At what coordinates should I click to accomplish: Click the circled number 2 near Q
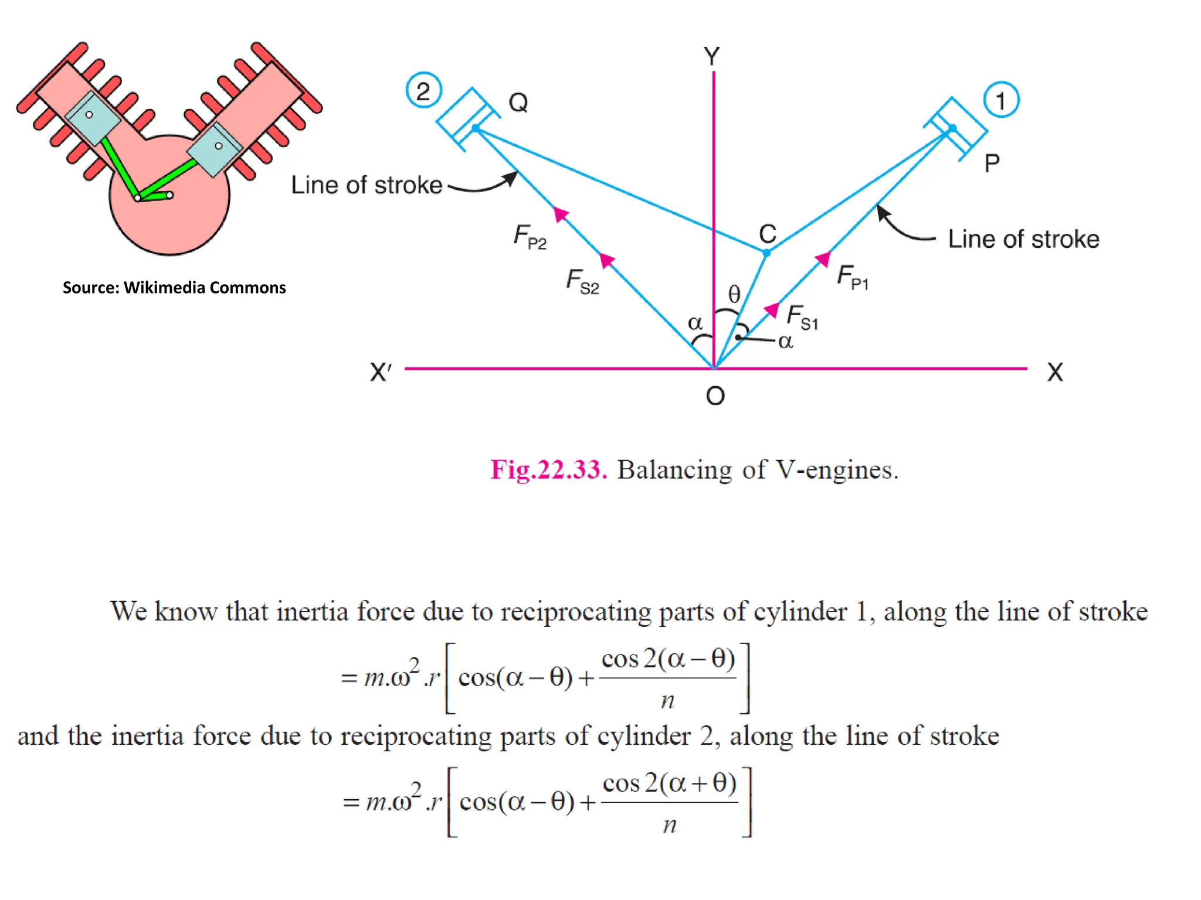(423, 91)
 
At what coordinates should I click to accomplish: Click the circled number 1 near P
(1001, 100)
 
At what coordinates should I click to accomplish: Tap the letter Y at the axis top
(712, 57)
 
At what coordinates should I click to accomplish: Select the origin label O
(715, 397)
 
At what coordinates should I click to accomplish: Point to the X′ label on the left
(380, 372)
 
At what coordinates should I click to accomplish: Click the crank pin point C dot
(766, 253)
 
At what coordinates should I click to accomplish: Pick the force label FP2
(530, 236)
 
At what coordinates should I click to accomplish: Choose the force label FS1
(802, 317)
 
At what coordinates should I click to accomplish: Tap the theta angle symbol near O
(734, 294)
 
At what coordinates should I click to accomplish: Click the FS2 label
(582, 281)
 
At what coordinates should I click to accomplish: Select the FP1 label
(852, 277)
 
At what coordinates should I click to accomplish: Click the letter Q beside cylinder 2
(518, 103)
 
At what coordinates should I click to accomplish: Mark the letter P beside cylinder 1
(992, 163)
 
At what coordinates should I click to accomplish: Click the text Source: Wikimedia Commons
(174, 288)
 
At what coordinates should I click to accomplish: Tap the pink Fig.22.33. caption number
(548, 469)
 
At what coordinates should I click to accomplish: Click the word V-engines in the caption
(837, 469)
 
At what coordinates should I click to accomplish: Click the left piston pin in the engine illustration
(89, 115)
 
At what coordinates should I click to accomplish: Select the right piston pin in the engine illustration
(219, 146)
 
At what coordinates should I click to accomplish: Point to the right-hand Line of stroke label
(1023, 239)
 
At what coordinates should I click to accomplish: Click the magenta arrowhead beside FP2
(561, 214)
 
